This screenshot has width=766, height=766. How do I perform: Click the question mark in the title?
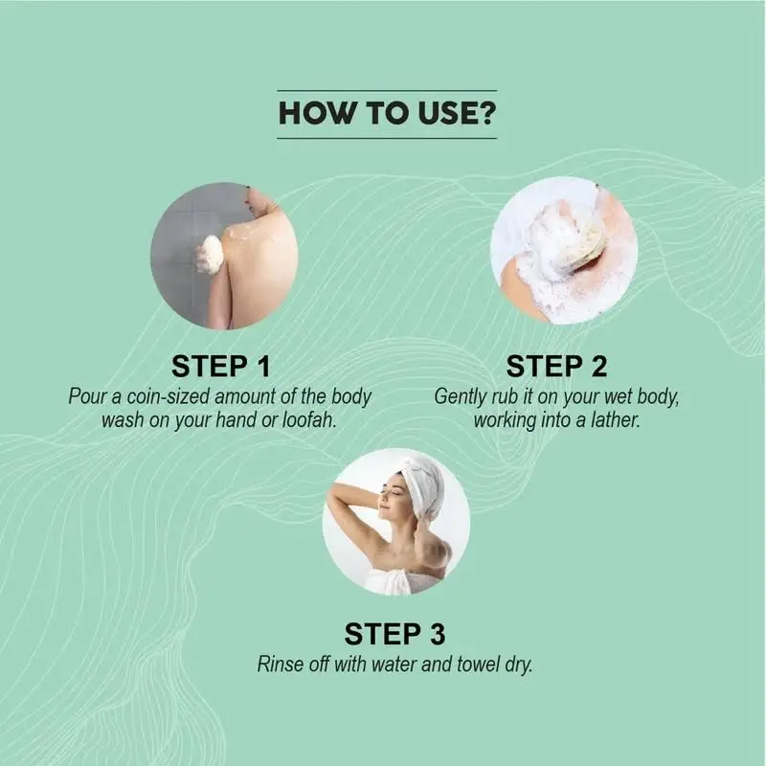[x=486, y=113]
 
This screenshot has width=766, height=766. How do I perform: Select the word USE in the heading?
[x=446, y=113]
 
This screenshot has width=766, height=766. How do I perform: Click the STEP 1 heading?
[x=221, y=367]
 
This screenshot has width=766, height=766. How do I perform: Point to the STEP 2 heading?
[x=556, y=367]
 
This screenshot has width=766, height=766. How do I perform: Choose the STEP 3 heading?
[x=394, y=634]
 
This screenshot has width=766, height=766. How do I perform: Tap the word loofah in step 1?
[x=308, y=420]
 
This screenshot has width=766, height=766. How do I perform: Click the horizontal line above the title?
[x=387, y=91]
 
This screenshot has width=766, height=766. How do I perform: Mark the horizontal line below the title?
[x=387, y=138]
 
